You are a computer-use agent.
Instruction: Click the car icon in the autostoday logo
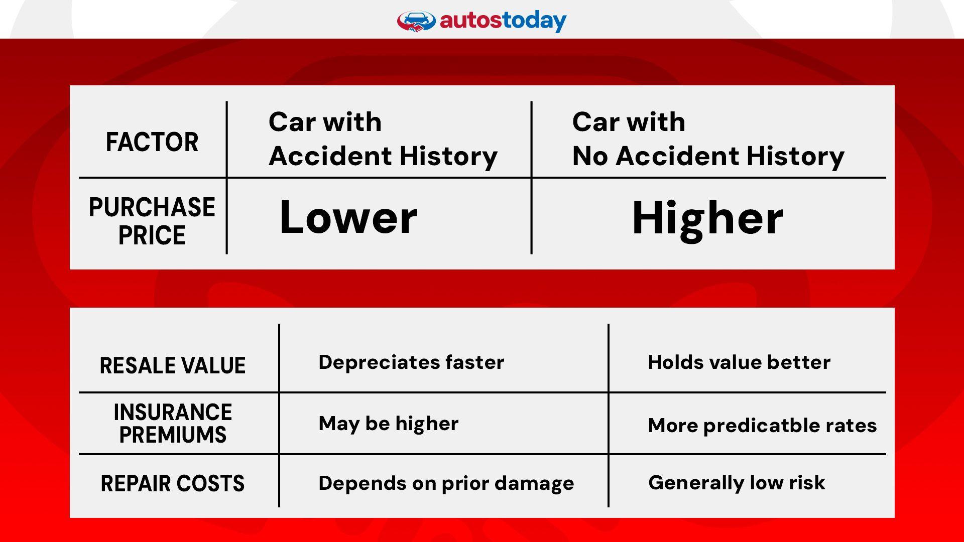416,22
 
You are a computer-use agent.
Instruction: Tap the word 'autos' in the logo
470,21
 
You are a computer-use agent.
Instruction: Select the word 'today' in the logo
534,22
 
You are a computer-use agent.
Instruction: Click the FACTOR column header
152,142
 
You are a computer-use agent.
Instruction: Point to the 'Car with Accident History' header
383,139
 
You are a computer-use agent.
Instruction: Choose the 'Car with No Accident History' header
708,139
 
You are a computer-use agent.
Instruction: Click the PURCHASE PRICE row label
152,221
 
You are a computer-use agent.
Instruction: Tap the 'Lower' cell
348,217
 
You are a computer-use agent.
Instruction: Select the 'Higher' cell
707,218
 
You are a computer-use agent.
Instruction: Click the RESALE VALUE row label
173,365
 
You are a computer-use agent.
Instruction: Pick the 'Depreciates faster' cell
411,362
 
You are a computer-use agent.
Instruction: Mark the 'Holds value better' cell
739,362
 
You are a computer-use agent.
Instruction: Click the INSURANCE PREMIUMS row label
173,423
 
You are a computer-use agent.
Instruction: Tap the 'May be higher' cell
389,424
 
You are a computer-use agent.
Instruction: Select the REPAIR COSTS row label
173,484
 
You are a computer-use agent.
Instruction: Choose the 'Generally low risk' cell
737,483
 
